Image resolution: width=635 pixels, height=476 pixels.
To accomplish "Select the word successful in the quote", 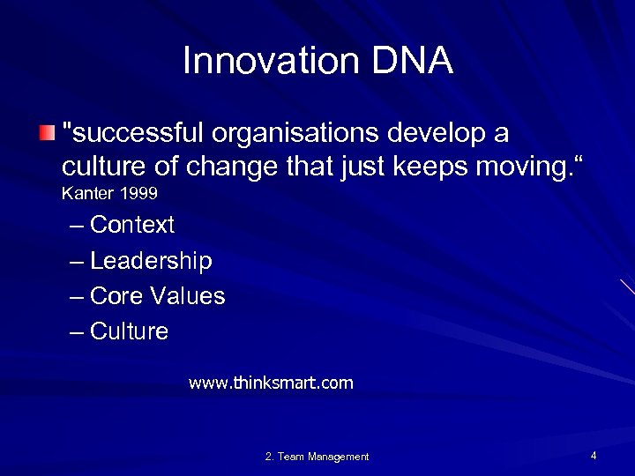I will (133, 133).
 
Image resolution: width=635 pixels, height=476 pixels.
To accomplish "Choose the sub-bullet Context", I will (132, 226).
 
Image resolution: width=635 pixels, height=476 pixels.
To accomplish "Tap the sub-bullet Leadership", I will (151, 261).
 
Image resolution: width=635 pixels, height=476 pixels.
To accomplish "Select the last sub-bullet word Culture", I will (129, 331).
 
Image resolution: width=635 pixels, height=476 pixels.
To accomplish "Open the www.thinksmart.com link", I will (271, 383).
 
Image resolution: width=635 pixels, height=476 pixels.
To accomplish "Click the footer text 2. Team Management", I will (317, 457).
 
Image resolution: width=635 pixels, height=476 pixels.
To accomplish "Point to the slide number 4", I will (594, 456).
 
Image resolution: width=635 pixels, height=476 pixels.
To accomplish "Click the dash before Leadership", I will (77, 261).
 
